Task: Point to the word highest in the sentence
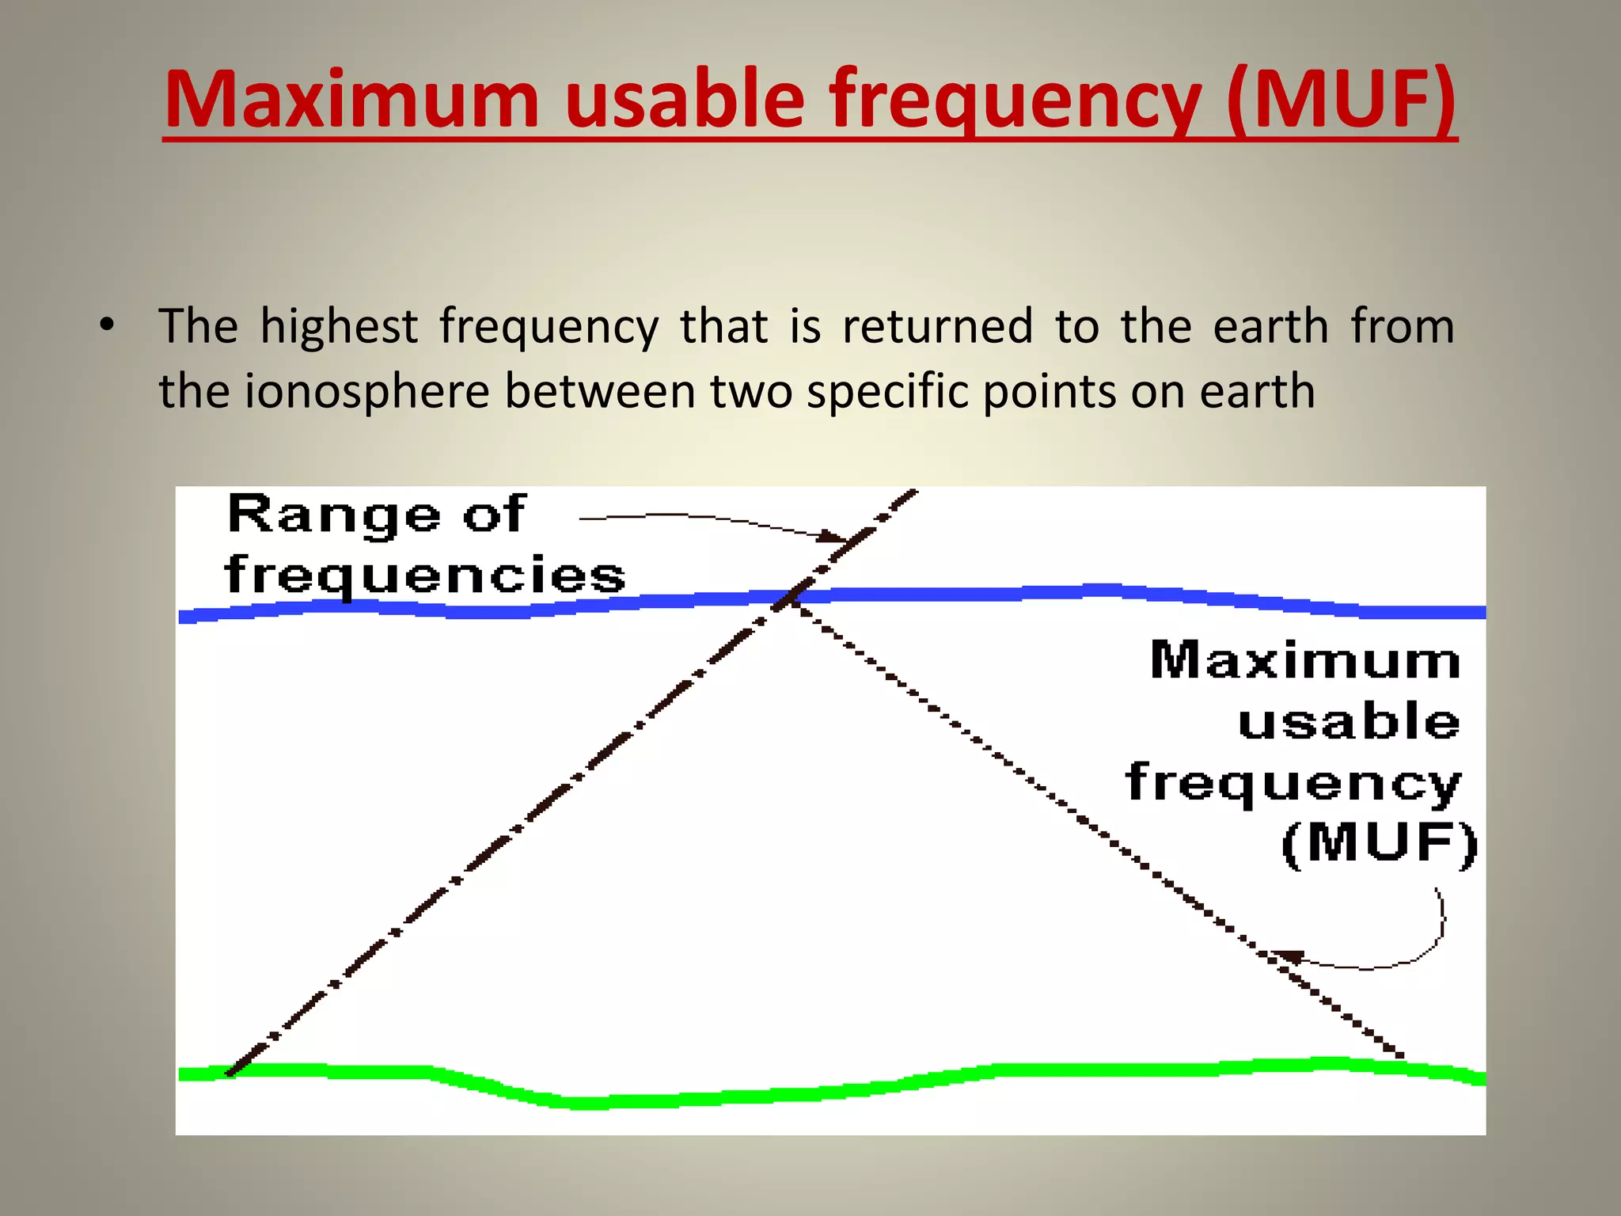click(x=339, y=326)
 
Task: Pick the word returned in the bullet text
click(x=937, y=326)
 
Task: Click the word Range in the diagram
click(x=333, y=515)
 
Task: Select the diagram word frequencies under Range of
click(x=425, y=576)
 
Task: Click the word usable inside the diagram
click(x=1349, y=722)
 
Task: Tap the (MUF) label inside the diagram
click(x=1380, y=843)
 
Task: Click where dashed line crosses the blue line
click(x=790, y=597)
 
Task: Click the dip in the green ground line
click(x=586, y=1101)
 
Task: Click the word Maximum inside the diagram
click(x=1304, y=660)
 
